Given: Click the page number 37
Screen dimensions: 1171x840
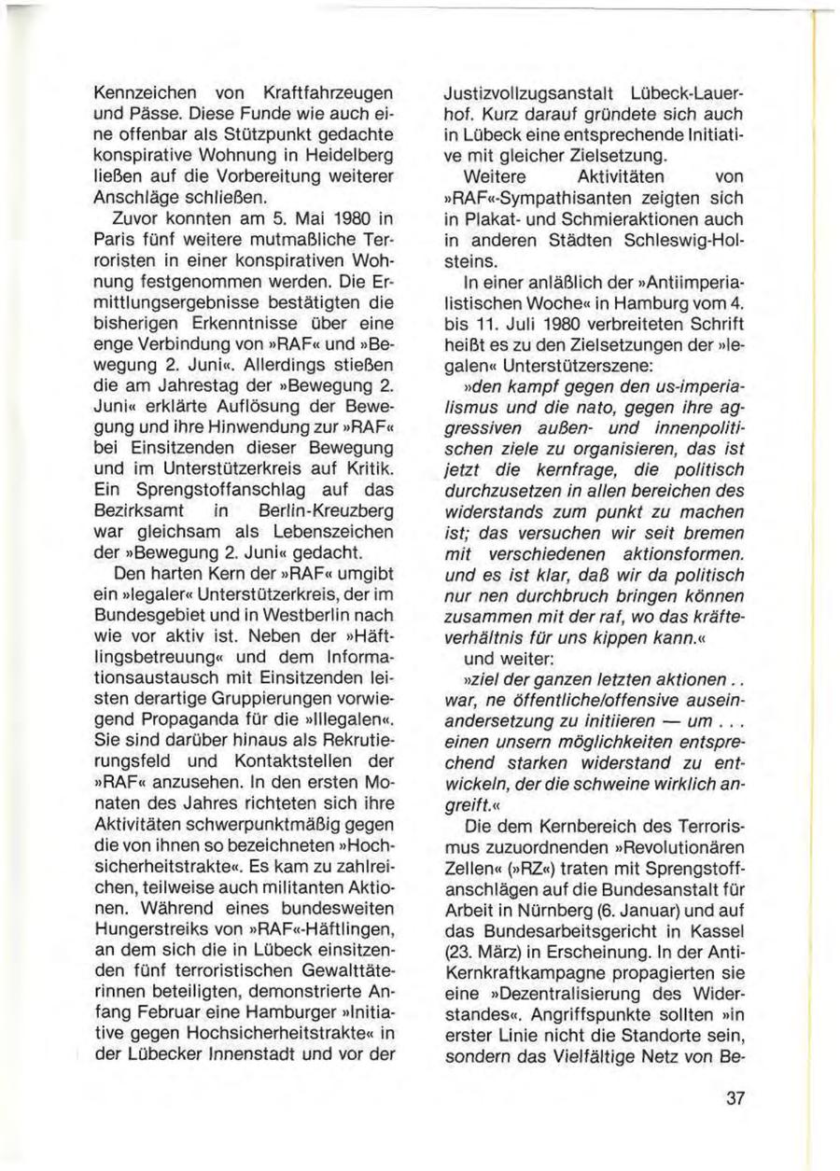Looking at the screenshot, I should click(734, 1097).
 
